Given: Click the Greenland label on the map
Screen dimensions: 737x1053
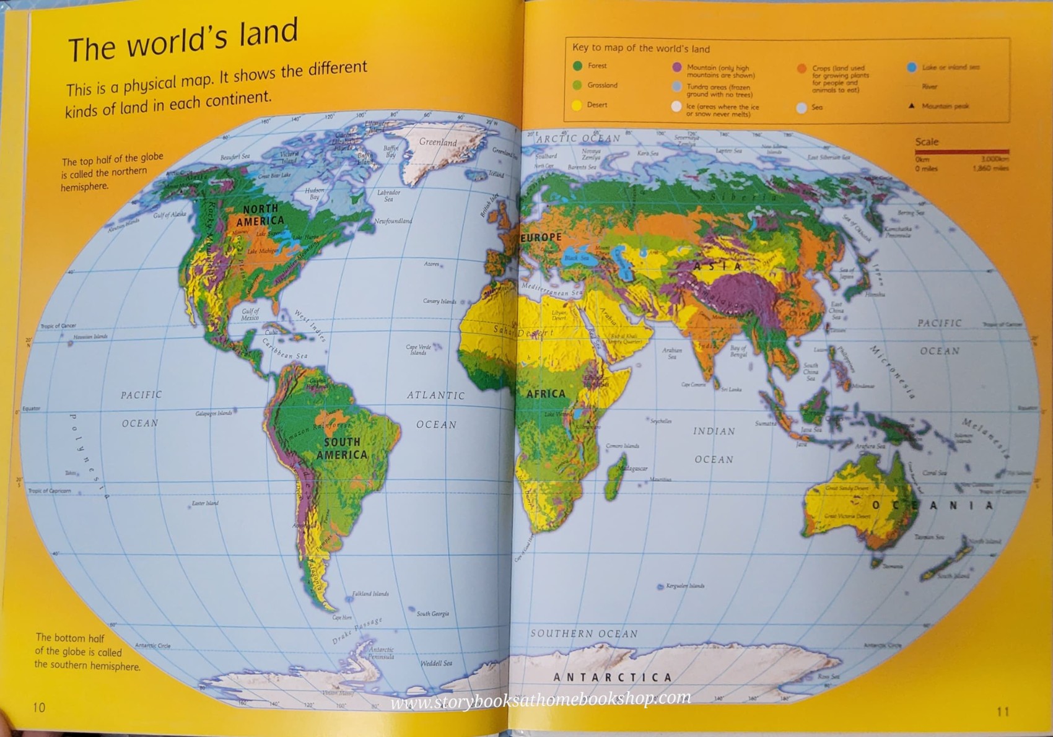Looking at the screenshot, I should tap(437, 142).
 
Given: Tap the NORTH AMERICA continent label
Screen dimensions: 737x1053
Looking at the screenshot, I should tap(260, 214).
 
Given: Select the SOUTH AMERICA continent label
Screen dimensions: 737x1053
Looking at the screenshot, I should tap(342, 448).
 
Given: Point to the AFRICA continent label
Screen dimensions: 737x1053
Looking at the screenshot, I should tap(546, 393).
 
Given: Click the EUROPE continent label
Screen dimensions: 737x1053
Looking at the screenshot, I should tap(541, 237).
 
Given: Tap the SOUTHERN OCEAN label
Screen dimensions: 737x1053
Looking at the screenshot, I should tap(583, 634).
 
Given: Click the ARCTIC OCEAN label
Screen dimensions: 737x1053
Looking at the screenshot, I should tap(578, 139).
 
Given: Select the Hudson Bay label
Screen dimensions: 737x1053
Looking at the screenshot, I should tap(315, 194).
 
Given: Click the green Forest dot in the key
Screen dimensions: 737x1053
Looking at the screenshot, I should tap(578, 66).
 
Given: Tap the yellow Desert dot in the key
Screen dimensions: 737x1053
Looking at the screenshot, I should tap(577, 105).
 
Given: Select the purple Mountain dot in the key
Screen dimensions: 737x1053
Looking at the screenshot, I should tap(677, 67).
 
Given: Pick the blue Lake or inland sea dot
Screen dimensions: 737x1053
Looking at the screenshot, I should tap(911, 67).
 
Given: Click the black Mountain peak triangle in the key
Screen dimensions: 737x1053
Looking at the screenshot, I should tap(911, 106).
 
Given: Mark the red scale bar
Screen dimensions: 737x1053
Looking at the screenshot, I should tap(961, 151).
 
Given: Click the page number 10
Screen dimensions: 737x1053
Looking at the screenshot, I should tap(39, 707).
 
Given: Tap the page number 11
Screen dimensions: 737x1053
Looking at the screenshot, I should tap(1003, 712).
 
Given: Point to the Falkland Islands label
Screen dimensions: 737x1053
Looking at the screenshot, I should tap(370, 593).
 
